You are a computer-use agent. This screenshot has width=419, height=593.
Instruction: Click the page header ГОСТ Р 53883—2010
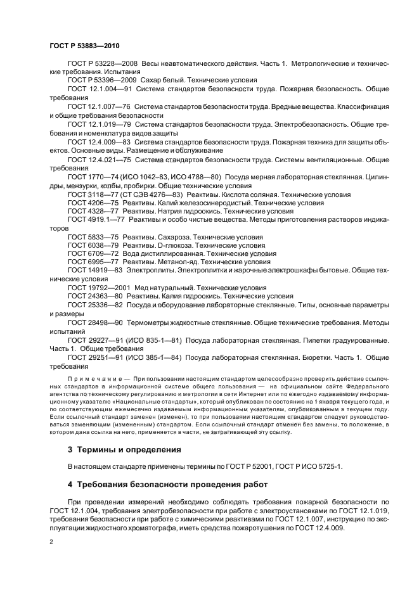coord(84,46)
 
